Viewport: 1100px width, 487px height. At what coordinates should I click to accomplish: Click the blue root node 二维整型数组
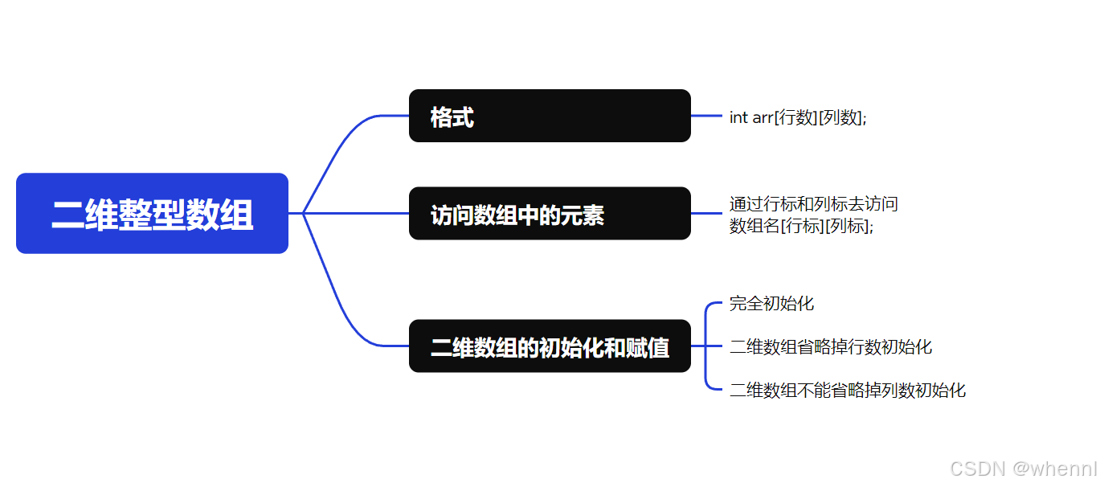(152, 214)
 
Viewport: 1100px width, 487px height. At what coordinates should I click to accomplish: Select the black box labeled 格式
(550, 116)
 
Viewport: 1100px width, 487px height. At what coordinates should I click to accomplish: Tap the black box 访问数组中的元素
(550, 214)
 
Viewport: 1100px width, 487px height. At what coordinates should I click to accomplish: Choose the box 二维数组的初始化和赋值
(550, 346)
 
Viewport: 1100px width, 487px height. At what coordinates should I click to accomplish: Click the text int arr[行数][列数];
(798, 117)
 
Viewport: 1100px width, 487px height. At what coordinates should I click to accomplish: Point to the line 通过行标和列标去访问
(813, 204)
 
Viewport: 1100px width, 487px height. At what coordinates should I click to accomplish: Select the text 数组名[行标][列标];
(801, 226)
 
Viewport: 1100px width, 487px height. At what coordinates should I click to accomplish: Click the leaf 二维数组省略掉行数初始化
(831, 346)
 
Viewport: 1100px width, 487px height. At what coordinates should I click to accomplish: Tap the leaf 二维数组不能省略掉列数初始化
(848, 391)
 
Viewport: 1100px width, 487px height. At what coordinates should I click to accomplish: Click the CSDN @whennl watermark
(1023, 469)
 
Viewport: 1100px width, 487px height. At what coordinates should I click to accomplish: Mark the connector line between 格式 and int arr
(706, 116)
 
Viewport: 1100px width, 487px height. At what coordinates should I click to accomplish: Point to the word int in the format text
(738, 117)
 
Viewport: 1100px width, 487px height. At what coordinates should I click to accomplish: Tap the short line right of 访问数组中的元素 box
(706, 213)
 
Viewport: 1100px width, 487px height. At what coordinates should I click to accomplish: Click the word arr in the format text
(763, 117)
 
